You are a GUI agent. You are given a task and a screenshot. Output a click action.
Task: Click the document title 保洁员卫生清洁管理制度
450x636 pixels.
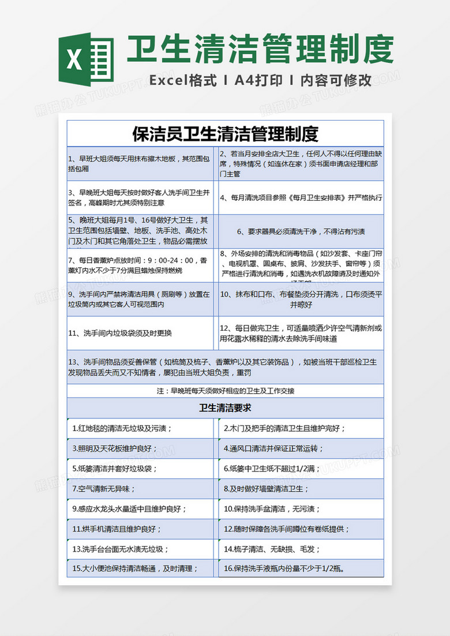coord(225,134)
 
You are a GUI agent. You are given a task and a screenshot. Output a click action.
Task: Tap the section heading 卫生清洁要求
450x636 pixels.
coord(225,408)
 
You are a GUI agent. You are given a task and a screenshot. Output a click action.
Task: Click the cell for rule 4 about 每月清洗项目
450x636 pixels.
coord(301,197)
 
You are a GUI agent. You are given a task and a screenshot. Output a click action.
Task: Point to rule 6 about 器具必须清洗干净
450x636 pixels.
coord(301,231)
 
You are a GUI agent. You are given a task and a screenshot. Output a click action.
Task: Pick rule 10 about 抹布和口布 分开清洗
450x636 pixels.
coord(301,299)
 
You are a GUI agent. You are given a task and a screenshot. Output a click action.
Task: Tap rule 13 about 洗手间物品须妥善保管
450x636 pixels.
coord(225,367)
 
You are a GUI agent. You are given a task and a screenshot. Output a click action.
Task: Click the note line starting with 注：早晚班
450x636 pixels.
coord(225,391)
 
